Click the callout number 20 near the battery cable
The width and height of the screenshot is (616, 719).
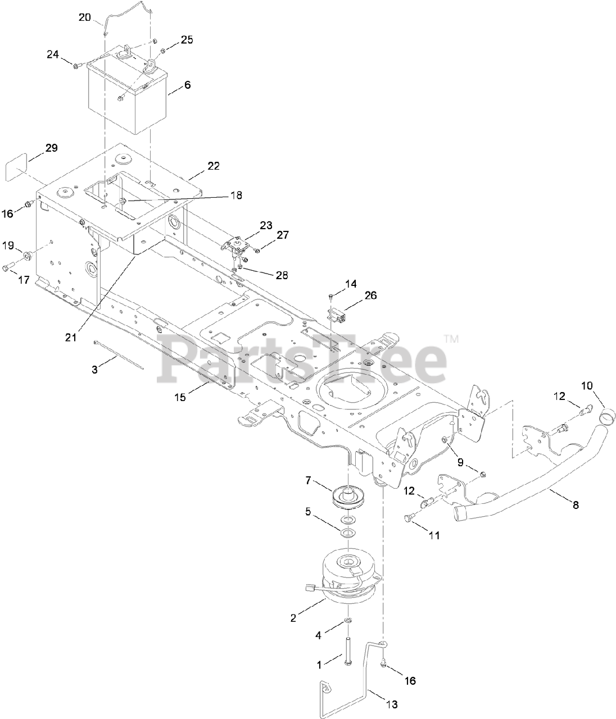tap(84, 17)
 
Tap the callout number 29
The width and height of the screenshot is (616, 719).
tap(51, 149)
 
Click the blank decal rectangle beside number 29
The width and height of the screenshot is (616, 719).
tap(17, 170)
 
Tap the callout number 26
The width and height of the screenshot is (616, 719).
tap(370, 295)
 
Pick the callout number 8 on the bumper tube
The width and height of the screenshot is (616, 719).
tap(574, 505)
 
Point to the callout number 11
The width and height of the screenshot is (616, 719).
tap(434, 536)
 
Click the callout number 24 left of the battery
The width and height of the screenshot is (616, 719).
tap(52, 54)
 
